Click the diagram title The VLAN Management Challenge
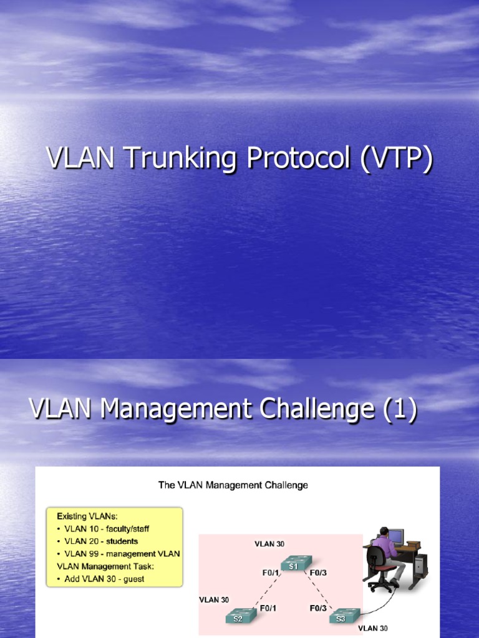coord(233,485)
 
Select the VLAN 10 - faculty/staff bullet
coord(107,529)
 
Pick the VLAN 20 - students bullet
coord(101,541)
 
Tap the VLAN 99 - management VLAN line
coord(122,554)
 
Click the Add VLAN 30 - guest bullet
coord(104,579)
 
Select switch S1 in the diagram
coord(293,564)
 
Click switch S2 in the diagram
coord(238,617)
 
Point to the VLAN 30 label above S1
coord(269,544)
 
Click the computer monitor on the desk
coord(395,536)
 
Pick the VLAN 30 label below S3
coord(373,629)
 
